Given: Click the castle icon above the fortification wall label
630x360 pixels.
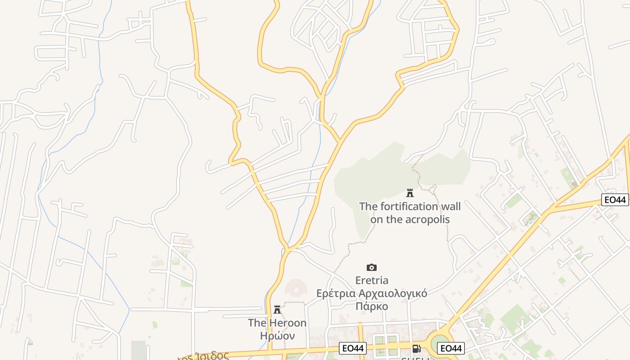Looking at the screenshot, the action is [409, 193].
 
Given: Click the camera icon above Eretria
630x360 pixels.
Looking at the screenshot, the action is [371, 267].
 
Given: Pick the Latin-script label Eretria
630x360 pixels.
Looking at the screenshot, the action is [372, 280].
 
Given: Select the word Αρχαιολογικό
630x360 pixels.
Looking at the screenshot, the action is [392, 293].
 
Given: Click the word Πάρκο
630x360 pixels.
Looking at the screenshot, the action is [372, 306].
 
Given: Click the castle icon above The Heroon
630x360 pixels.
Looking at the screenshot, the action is [277, 310].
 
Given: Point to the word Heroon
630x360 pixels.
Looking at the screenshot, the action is [288, 323].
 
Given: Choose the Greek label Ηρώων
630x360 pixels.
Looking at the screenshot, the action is [277, 336].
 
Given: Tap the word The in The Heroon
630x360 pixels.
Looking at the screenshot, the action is [257, 323].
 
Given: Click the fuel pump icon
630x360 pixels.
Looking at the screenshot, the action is [416, 348].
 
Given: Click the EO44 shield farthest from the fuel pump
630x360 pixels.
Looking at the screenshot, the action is [615, 200].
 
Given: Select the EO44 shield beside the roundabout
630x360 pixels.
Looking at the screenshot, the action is [451, 348].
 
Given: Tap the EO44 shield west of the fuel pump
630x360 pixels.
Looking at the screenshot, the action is [353, 348].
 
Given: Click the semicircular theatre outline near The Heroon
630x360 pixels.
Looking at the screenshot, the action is [296, 288].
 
